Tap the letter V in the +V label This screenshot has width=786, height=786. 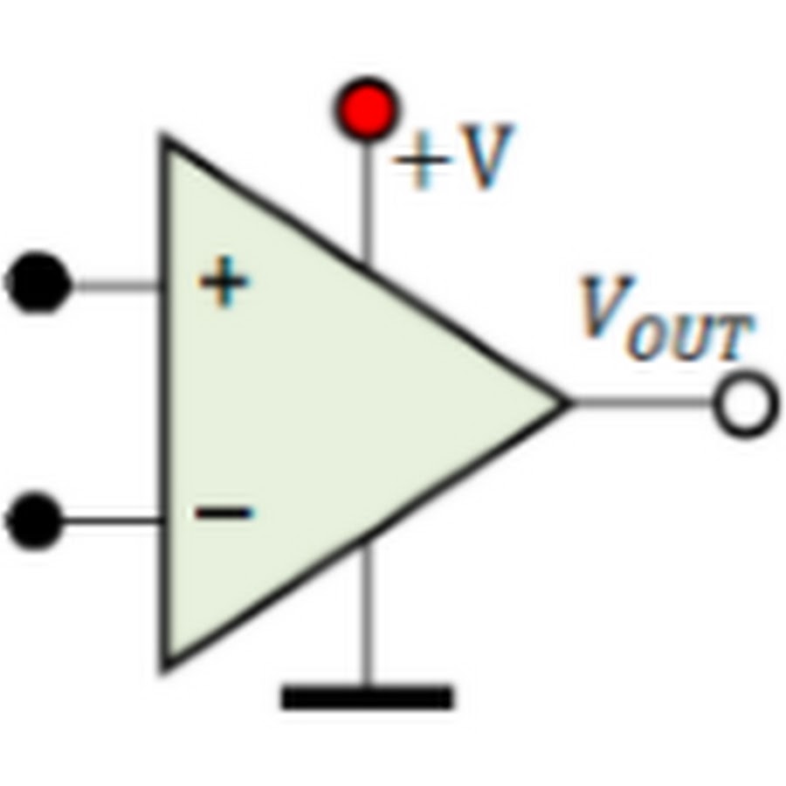486,157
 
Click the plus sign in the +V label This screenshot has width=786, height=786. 421,161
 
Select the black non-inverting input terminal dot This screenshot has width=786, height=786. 38,282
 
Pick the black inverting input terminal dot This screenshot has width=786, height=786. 35,521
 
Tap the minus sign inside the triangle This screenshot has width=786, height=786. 224,513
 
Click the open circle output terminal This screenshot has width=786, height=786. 745,405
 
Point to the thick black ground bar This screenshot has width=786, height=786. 367,697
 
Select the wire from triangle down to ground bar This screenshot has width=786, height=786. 366,611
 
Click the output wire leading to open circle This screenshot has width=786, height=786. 642,403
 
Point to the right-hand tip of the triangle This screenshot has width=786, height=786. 566,403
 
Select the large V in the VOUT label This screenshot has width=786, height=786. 605,307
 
